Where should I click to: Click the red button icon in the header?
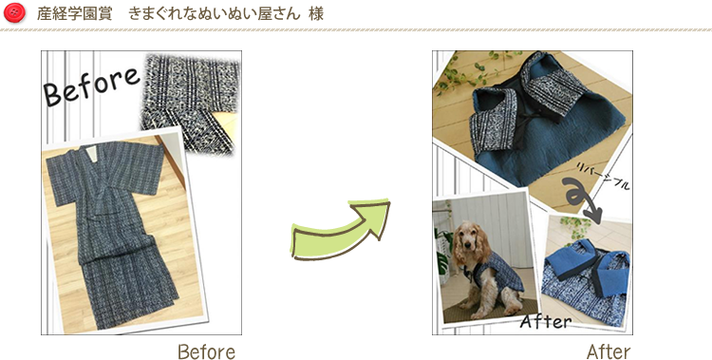(14, 12)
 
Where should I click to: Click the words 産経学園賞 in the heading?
(74, 13)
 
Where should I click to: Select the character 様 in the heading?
(316, 13)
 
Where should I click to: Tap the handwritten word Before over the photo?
(91, 86)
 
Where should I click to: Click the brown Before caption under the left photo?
(207, 351)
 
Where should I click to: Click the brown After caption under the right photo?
(609, 351)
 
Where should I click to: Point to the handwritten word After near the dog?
(546, 321)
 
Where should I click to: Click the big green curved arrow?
(340, 229)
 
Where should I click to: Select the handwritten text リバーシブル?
(604, 176)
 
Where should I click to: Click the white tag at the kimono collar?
(91, 154)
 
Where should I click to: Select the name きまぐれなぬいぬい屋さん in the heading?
(215, 13)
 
